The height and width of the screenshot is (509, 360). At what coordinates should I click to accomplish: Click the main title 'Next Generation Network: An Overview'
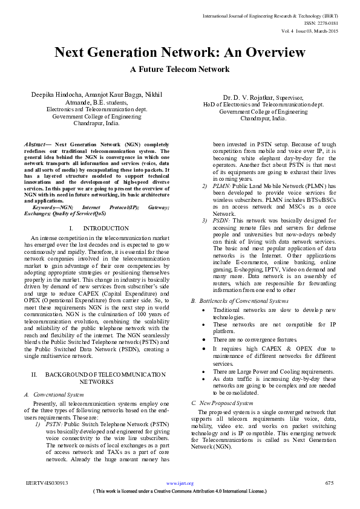coord(180,53)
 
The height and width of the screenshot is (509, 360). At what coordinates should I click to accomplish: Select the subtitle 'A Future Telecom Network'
coord(180,70)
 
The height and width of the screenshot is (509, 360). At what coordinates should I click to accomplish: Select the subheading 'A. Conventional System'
coord(53,394)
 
